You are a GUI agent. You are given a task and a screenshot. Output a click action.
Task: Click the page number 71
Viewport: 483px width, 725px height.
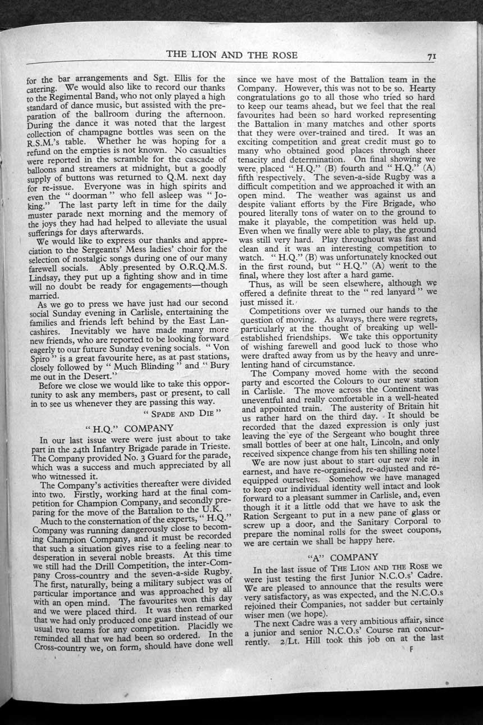[x=432, y=56]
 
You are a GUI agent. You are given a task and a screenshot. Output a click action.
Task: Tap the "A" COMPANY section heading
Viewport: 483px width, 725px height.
[x=342, y=557]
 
